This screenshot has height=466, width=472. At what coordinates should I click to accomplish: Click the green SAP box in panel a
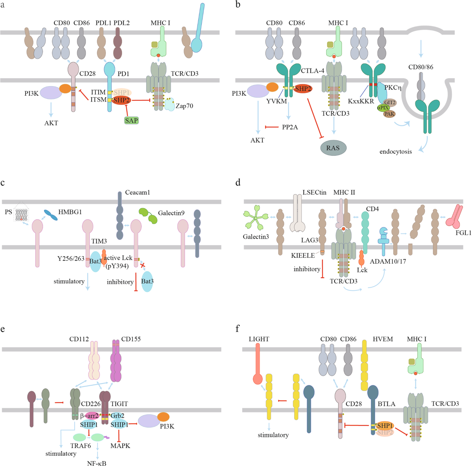click(131, 120)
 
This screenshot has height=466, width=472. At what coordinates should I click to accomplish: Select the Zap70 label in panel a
click(184, 106)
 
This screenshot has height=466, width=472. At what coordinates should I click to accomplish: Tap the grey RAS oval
click(333, 148)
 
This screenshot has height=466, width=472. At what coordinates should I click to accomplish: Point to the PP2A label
click(290, 127)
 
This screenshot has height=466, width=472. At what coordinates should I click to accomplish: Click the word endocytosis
click(396, 152)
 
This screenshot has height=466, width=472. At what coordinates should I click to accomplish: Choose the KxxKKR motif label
click(361, 101)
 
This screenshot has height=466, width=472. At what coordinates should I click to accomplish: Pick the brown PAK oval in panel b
click(389, 114)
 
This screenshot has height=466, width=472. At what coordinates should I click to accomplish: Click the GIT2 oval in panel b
click(390, 102)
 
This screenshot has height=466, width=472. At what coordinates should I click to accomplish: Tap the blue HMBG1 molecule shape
click(50, 215)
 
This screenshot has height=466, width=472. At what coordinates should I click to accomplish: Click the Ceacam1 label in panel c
click(138, 192)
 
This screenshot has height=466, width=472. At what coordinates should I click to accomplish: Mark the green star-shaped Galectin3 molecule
click(256, 219)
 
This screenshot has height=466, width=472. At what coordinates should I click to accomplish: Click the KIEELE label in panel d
click(303, 255)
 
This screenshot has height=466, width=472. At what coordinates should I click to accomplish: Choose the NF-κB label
click(97, 463)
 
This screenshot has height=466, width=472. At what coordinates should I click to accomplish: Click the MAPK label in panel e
click(120, 446)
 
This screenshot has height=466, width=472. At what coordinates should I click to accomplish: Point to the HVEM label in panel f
click(383, 339)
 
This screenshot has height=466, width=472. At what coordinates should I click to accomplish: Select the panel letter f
click(238, 328)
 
